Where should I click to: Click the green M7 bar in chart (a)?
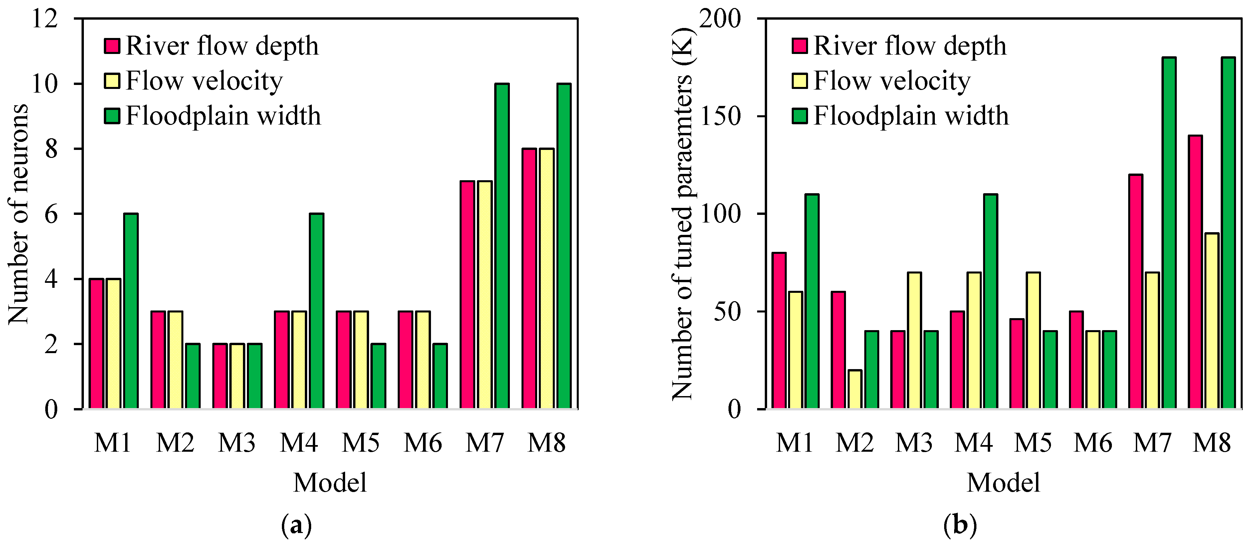(502, 246)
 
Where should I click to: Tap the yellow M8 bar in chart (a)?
(546, 279)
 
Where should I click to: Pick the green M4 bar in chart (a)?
(317, 311)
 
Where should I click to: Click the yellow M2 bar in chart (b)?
(855, 389)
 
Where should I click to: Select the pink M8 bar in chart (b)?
(1195, 272)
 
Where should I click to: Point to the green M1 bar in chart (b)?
(812, 301)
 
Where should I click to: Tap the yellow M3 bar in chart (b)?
(914, 340)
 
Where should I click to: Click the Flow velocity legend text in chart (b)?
(892, 81)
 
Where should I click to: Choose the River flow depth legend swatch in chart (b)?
(799, 46)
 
